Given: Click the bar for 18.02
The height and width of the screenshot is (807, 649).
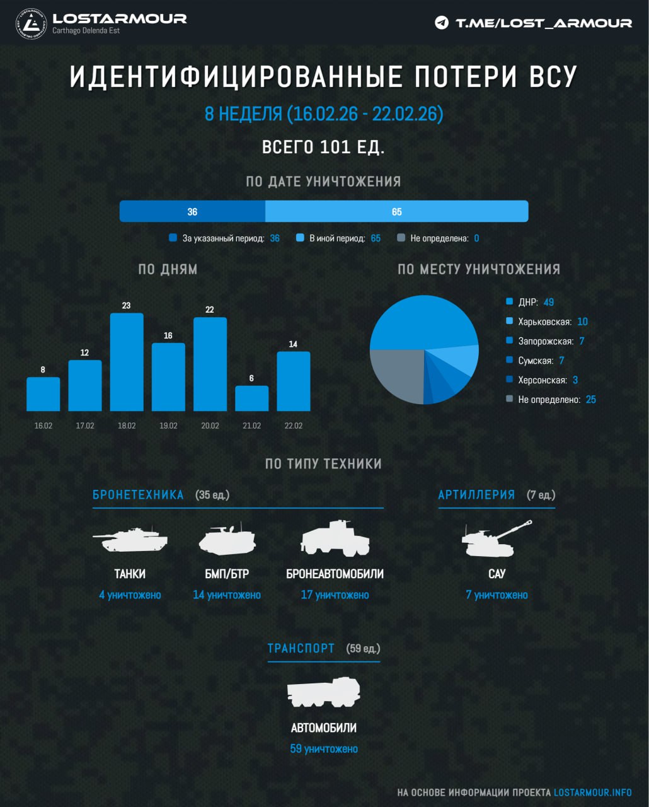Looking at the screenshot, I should [127, 362].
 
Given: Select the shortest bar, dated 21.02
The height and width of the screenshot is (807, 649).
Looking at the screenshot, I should [252, 398].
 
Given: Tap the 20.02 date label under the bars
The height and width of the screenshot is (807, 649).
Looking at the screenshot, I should [210, 426].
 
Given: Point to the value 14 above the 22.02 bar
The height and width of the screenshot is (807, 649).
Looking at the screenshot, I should [293, 344].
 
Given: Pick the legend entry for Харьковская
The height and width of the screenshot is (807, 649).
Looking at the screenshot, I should [544, 322].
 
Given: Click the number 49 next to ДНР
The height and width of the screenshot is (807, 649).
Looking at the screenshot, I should [549, 302].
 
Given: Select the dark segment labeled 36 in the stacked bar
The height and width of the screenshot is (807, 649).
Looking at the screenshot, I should [192, 212].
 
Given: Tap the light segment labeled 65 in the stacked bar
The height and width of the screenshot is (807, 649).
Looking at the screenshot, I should [396, 212].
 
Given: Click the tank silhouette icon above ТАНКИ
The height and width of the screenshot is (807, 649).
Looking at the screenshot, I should [130, 540].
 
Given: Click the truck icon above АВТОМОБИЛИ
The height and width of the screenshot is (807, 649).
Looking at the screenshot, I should [323, 692].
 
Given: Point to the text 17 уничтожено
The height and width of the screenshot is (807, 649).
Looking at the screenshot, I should [335, 595].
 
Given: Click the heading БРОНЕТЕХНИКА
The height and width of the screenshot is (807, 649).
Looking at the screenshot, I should [138, 495].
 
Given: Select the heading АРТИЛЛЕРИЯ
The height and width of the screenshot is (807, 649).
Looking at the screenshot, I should [476, 495].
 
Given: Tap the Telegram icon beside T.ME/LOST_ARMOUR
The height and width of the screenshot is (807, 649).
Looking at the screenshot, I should [442, 23].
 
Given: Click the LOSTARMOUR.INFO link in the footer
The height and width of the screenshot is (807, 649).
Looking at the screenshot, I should [592, 792].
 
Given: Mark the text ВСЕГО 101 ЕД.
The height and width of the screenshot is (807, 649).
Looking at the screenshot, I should [323, 148].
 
